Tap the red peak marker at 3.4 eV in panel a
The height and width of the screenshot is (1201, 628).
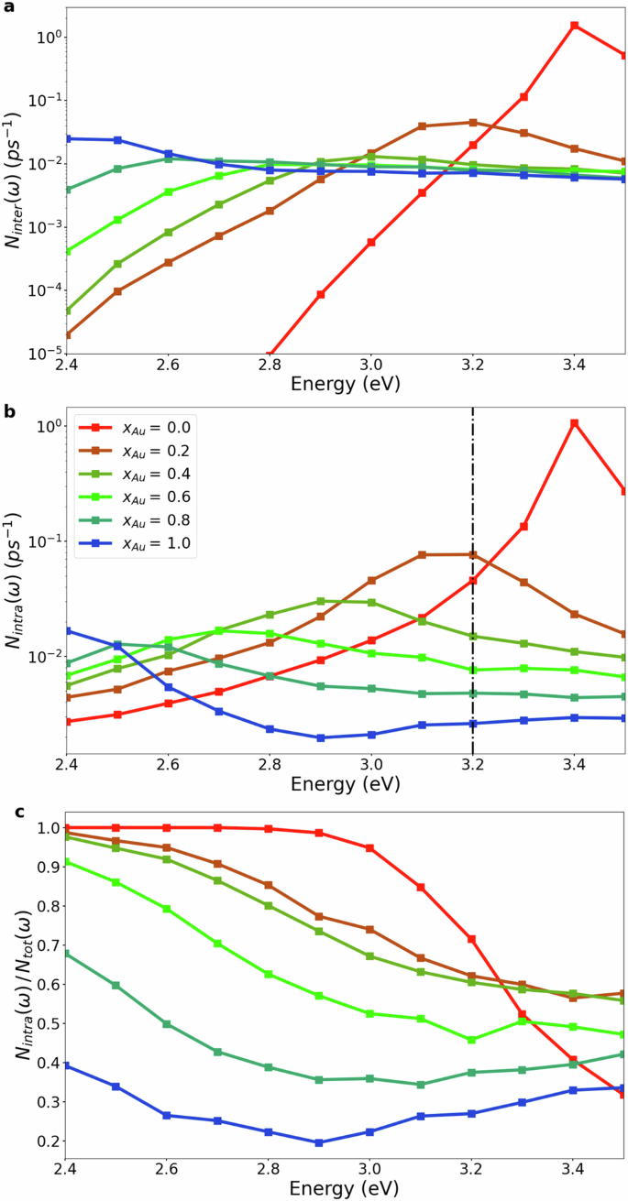pyautogui.click(x=574, y=26)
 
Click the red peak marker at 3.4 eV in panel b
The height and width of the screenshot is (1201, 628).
pyautogui.click(x=574, y=423)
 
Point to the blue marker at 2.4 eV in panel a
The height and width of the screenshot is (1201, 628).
pyautogui.click(x=67, y=138)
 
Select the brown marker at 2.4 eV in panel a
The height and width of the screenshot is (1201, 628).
pyautogui.click(x=67, y=334)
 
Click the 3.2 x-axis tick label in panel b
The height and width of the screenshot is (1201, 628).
pyautogui.click(x=472, y=762)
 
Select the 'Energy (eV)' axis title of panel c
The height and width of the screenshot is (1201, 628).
pyautogui.click(x=346, y=1187)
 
